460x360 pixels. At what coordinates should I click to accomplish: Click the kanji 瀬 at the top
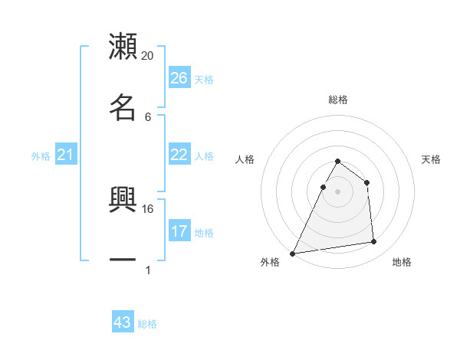tap(123, 47)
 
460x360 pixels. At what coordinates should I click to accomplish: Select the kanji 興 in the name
tap(123, 200)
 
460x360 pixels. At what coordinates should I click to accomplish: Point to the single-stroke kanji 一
tap(123, 260)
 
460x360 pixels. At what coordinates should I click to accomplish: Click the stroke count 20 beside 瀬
tap(148, 56)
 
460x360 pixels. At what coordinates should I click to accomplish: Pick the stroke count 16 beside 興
tap(148, 208)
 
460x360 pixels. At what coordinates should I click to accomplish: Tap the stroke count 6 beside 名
tap(148, 116)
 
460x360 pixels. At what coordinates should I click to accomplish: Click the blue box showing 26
tap(179, 78)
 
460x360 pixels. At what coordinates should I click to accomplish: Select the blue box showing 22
tap(179, 155)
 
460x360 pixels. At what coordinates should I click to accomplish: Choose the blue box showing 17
tap(179, 231)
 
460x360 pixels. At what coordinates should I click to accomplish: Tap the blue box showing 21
tap(66, 155)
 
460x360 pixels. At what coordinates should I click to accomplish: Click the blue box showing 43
tap(123, 322)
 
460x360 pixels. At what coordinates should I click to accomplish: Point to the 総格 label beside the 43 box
tap(148, 324)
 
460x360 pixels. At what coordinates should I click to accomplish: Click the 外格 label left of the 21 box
tap(41, 156)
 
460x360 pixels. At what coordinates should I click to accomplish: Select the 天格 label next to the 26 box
tap(204, 79)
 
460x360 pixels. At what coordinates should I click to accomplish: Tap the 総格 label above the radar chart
tap(337, 100)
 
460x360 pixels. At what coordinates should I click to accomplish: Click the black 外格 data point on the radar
tap(293, 254)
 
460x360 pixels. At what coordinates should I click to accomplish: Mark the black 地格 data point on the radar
tap(374, 242)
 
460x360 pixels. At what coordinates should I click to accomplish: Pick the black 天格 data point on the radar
tap(367, 182)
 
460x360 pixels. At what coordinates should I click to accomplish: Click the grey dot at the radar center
tap(337, 191)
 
